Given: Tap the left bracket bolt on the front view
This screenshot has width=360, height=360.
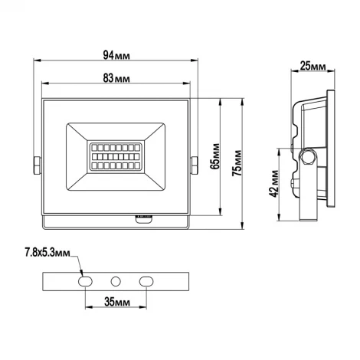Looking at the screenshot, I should pyautogui.click(x=36, y=165).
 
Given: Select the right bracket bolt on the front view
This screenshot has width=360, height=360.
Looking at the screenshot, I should pyautogui.click(x=195, y=165).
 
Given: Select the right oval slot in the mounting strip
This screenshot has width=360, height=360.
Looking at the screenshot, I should pyautogui.click(x=144, y=280).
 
